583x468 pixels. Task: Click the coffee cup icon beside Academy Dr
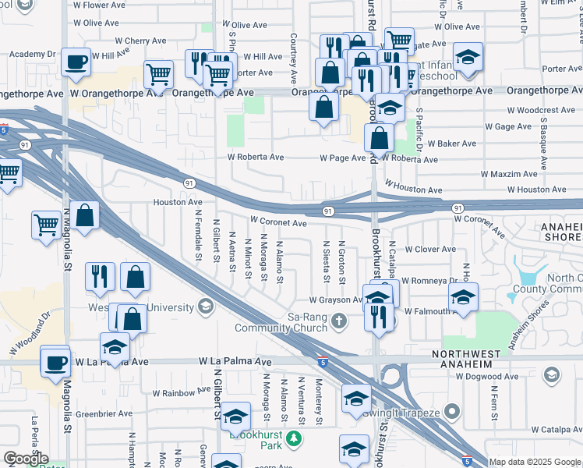click(76, 62)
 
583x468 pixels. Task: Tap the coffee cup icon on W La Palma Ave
click(55, 363)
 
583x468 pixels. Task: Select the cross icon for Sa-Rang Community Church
click(338, 320)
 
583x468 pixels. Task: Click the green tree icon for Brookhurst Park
click(293, 439)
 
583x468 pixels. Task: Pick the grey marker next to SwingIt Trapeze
click(456, 411)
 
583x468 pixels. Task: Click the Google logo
click(25, 459)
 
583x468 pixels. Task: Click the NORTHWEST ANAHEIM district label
click(477, 355)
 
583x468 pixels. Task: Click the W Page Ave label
click(342, 158)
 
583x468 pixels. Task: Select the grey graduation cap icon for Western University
click(206, 305)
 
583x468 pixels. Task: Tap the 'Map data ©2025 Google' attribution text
click(535, 462)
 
